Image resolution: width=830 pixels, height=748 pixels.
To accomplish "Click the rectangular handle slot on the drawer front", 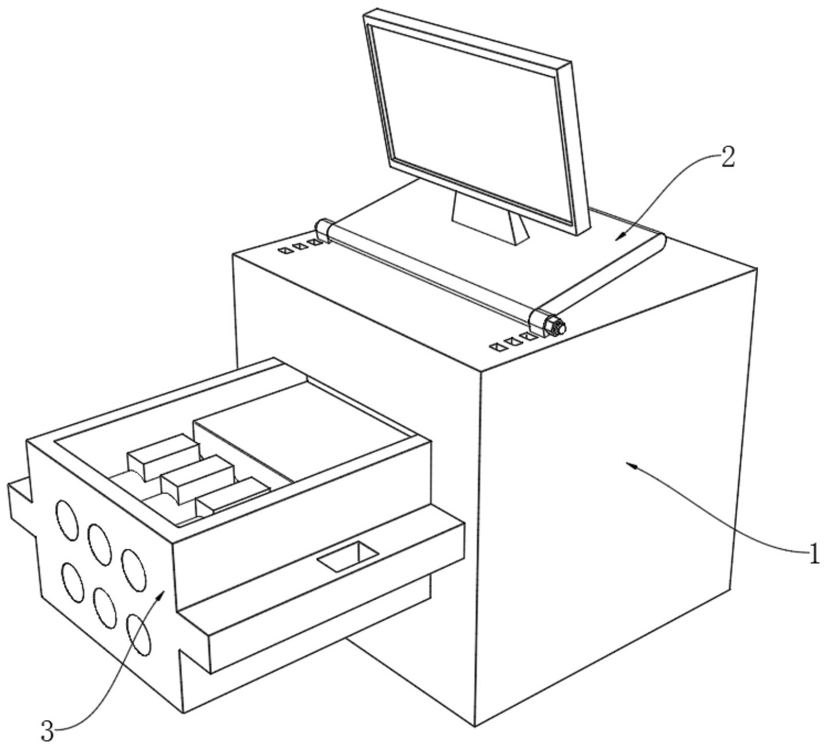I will (348, 556).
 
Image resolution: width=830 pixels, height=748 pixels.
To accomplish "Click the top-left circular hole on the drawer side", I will (67, 519).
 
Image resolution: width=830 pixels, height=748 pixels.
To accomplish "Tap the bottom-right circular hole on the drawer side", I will (139, 634).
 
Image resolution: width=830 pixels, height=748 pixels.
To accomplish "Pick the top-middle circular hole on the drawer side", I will (99, 541).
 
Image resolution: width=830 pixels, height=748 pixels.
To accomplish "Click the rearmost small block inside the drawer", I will (163, 454).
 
